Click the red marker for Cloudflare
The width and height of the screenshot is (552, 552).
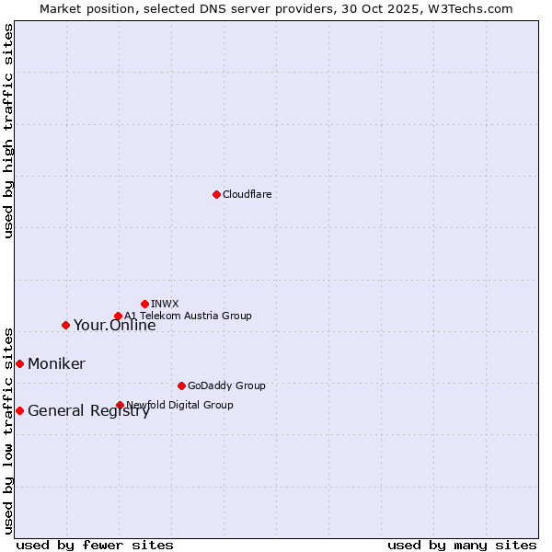[x=216, y=194]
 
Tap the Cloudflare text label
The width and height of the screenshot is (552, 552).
[x=247, y=194]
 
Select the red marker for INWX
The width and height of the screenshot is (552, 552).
[x=144, y=304]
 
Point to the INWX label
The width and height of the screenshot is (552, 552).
[x=165, y=304]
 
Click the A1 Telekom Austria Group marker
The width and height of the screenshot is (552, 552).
[x=118, y=316]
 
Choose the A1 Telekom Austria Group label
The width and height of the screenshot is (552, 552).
[x=188, y=316]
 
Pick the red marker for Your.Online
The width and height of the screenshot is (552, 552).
[x=65, y=325]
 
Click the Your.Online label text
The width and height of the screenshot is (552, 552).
[x=114, y=325]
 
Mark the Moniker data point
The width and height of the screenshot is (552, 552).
[x=19, y=363]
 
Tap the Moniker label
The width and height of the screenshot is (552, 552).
[x=56, y=364]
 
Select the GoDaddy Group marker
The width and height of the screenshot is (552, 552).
[x=181, y=385]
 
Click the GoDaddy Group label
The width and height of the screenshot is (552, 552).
[x=226, y=385]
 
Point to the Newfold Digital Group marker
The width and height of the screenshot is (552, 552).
[x=120, y=405]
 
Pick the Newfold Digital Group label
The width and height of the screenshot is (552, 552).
[x=179, y=405]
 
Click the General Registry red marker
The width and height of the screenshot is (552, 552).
[x=19, y=410]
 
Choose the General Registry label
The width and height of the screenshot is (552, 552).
[x=88, y=411]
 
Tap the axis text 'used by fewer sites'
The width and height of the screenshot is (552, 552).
[x=95, y=545]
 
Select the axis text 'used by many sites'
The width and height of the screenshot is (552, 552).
[x=462, y=545]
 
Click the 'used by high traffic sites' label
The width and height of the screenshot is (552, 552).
[x=8, y=131]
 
